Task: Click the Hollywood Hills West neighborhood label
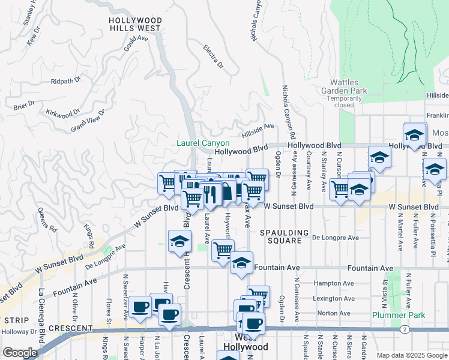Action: click(x=135, y=24)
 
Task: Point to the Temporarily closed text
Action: click(x=345, y=101)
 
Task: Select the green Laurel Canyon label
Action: click(x=203, y=143)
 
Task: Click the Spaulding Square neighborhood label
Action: click(x=285, y=236)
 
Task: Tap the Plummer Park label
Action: click(x=399, y=315)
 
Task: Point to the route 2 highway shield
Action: click(x=406, y=329)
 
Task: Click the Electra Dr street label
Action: click(x=213, y=56)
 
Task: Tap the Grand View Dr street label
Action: click(x=88, y=120)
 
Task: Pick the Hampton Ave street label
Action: click(x=319, y=283)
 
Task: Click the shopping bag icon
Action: click(x=228, y=191)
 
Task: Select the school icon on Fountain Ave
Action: click(x=241, y=263)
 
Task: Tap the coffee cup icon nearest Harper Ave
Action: click(x=140, y=307)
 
